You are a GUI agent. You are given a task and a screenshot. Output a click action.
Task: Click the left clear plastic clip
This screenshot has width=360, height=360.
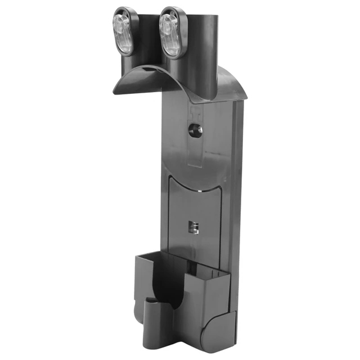click(x=124, y=31)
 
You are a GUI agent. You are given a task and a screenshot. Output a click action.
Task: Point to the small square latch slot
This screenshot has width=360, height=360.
click(x=193, y=227)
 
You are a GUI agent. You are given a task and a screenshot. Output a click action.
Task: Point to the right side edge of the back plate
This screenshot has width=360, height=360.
click(x=237, y=186)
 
